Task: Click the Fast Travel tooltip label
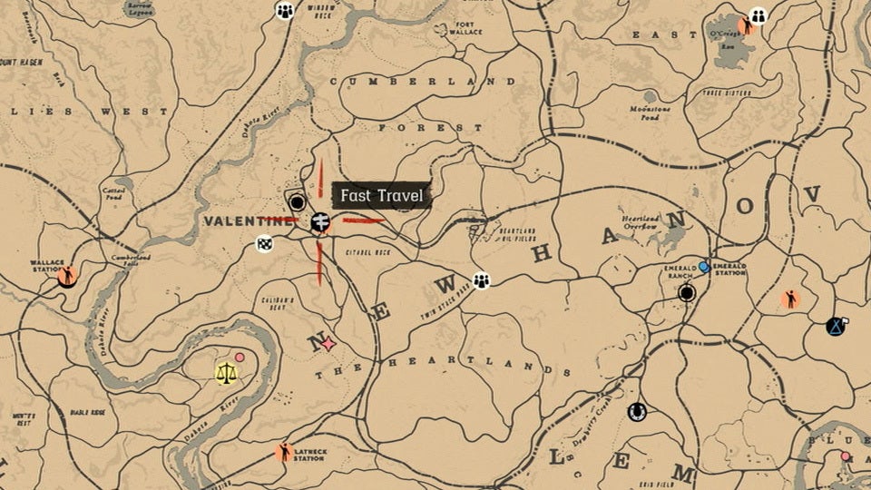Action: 381,195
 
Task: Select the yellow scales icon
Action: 225,372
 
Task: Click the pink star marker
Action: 328,344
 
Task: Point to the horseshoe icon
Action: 637,412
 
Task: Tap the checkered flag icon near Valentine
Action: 264,243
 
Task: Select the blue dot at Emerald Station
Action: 703,267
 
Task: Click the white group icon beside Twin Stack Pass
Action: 481,280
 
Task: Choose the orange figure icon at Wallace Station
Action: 66,275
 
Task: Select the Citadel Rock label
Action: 368,252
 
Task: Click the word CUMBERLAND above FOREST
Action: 423,82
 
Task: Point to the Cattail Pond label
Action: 113,193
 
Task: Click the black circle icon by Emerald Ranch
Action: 687,292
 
